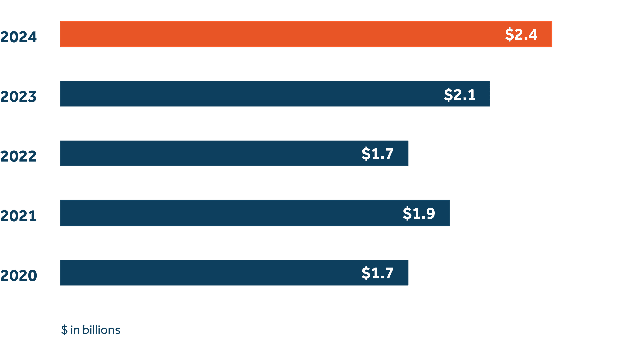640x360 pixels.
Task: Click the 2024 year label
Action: click(x=18, y=37)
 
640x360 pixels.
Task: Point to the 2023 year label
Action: click(x=18, y=97)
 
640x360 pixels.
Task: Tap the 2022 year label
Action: click(x=18, y=156)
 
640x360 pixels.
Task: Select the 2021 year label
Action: click(x=18, y=216)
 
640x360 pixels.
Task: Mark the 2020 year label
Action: click(x=18, y=276)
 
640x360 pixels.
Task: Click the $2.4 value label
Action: click(x=521, y=34)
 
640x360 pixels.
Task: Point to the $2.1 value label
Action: click(x=460, y=95)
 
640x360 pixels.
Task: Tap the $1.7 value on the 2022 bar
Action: click(x=377, y=154)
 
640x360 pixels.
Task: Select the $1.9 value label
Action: click(x=419, y=213)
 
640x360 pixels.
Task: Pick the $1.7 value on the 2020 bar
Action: click(x=377, y=273)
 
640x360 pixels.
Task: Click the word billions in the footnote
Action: click(x=101, y=330)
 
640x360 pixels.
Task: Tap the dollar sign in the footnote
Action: click(x=64, y=330)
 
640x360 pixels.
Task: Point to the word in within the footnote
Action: click(x=75, y=330)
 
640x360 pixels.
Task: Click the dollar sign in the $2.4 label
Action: click(x=509, y=34)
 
